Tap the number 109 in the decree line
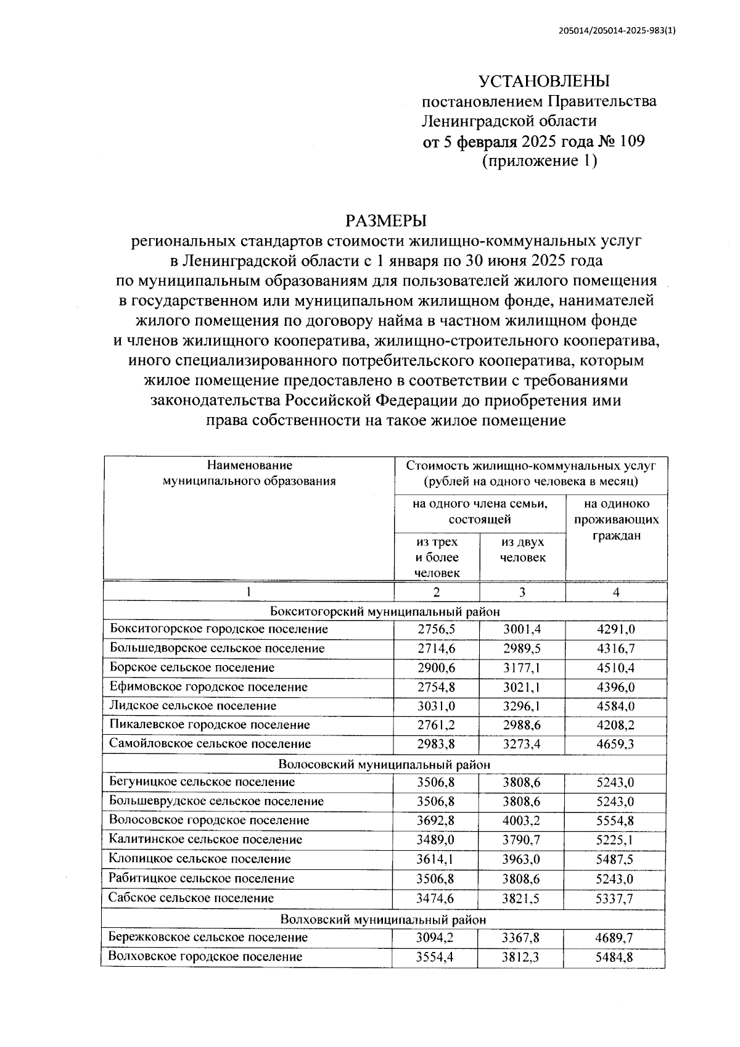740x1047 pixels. coord(629,141)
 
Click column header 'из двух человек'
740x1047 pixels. coord(522,550)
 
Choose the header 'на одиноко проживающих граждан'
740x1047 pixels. coord(616,519)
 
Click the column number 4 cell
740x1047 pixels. coord(615,592)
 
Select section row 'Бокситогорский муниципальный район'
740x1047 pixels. coord(385,611)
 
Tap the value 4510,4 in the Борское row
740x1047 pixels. coord(615,668)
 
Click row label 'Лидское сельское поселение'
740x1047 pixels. coord(193,706)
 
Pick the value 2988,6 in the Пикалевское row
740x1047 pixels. coord(522,725)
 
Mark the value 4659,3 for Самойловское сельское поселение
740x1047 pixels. coord(615,744)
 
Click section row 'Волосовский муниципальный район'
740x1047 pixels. coord(384,764)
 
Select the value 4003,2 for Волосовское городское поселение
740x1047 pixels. coord(522,821)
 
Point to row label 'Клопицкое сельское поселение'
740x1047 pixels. coord(199,859)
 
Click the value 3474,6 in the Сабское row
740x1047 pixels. coord(436,898)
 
